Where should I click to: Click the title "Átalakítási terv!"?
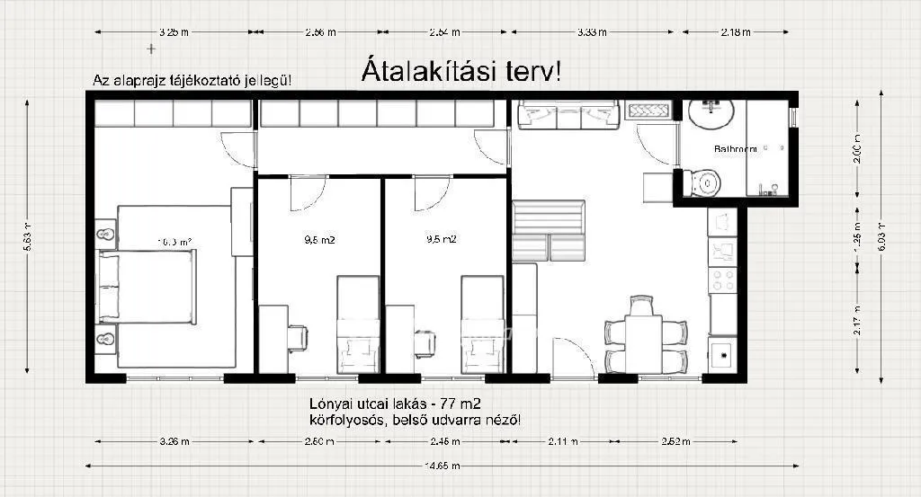click(461, 71)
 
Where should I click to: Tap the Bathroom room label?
click(735, 148)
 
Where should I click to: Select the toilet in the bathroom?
click(705, 182)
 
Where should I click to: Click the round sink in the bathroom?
click(711, 114)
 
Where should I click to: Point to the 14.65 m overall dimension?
click(443, 466)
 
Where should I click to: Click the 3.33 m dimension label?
click(591, 32)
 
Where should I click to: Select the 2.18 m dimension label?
click(735, 32)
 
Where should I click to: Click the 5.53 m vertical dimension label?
click(28, 238)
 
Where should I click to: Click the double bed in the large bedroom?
click(147, 287)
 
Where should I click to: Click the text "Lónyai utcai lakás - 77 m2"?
click(400, 404)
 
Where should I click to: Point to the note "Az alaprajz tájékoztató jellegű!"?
click(192, 81)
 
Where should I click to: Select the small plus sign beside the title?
click(150, 47)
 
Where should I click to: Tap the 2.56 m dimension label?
click(320, 32)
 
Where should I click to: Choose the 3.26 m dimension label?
click(174, 441)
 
